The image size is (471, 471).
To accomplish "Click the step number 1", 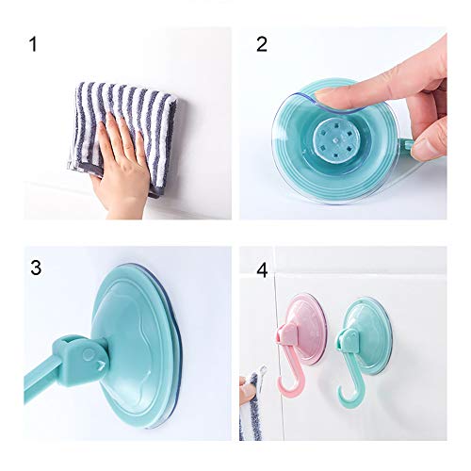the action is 33,44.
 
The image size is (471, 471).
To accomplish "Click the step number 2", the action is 262,44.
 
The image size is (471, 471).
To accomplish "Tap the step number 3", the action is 36,268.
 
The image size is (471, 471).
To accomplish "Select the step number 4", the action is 262,270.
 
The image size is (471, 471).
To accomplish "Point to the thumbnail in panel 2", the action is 421,148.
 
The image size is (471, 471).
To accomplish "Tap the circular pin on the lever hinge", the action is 89,354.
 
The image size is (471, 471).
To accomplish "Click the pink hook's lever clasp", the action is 287,334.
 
